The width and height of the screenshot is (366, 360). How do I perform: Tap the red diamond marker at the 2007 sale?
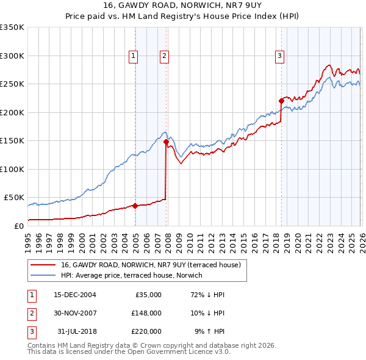click(166, 142)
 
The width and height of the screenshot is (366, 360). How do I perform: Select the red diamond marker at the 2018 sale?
click(281, 101)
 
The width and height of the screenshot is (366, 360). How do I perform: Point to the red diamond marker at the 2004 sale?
click(135, 206)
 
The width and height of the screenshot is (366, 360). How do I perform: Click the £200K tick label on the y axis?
click(12, 112)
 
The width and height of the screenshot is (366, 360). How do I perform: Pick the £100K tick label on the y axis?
click(12, 169)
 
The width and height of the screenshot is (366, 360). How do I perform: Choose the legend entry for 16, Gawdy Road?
click(151, 265)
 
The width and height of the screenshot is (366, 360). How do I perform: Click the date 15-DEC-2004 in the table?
click(74, 295)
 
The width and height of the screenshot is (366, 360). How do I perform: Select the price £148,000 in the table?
click(146, 313)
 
